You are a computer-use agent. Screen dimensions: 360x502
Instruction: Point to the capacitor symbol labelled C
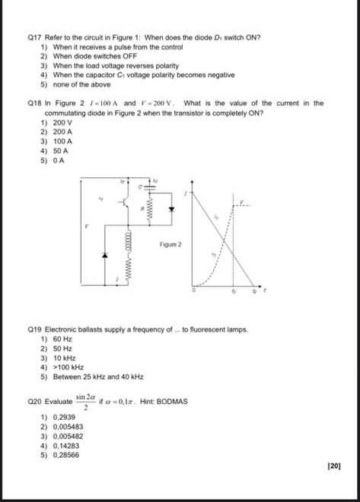point(140,186)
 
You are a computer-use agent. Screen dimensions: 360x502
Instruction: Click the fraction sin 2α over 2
point(85,401)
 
